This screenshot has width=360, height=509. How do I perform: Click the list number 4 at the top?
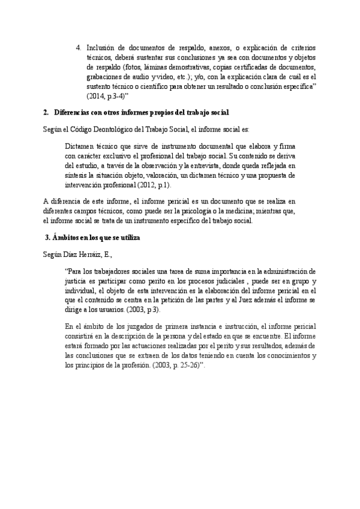tap(79, 47)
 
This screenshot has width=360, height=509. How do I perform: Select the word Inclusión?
tap(101, 47)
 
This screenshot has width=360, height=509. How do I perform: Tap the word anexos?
tap(231, 47)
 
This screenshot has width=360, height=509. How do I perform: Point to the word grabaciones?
tap(106, 77)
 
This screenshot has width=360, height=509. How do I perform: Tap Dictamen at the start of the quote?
tap(81, 146)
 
